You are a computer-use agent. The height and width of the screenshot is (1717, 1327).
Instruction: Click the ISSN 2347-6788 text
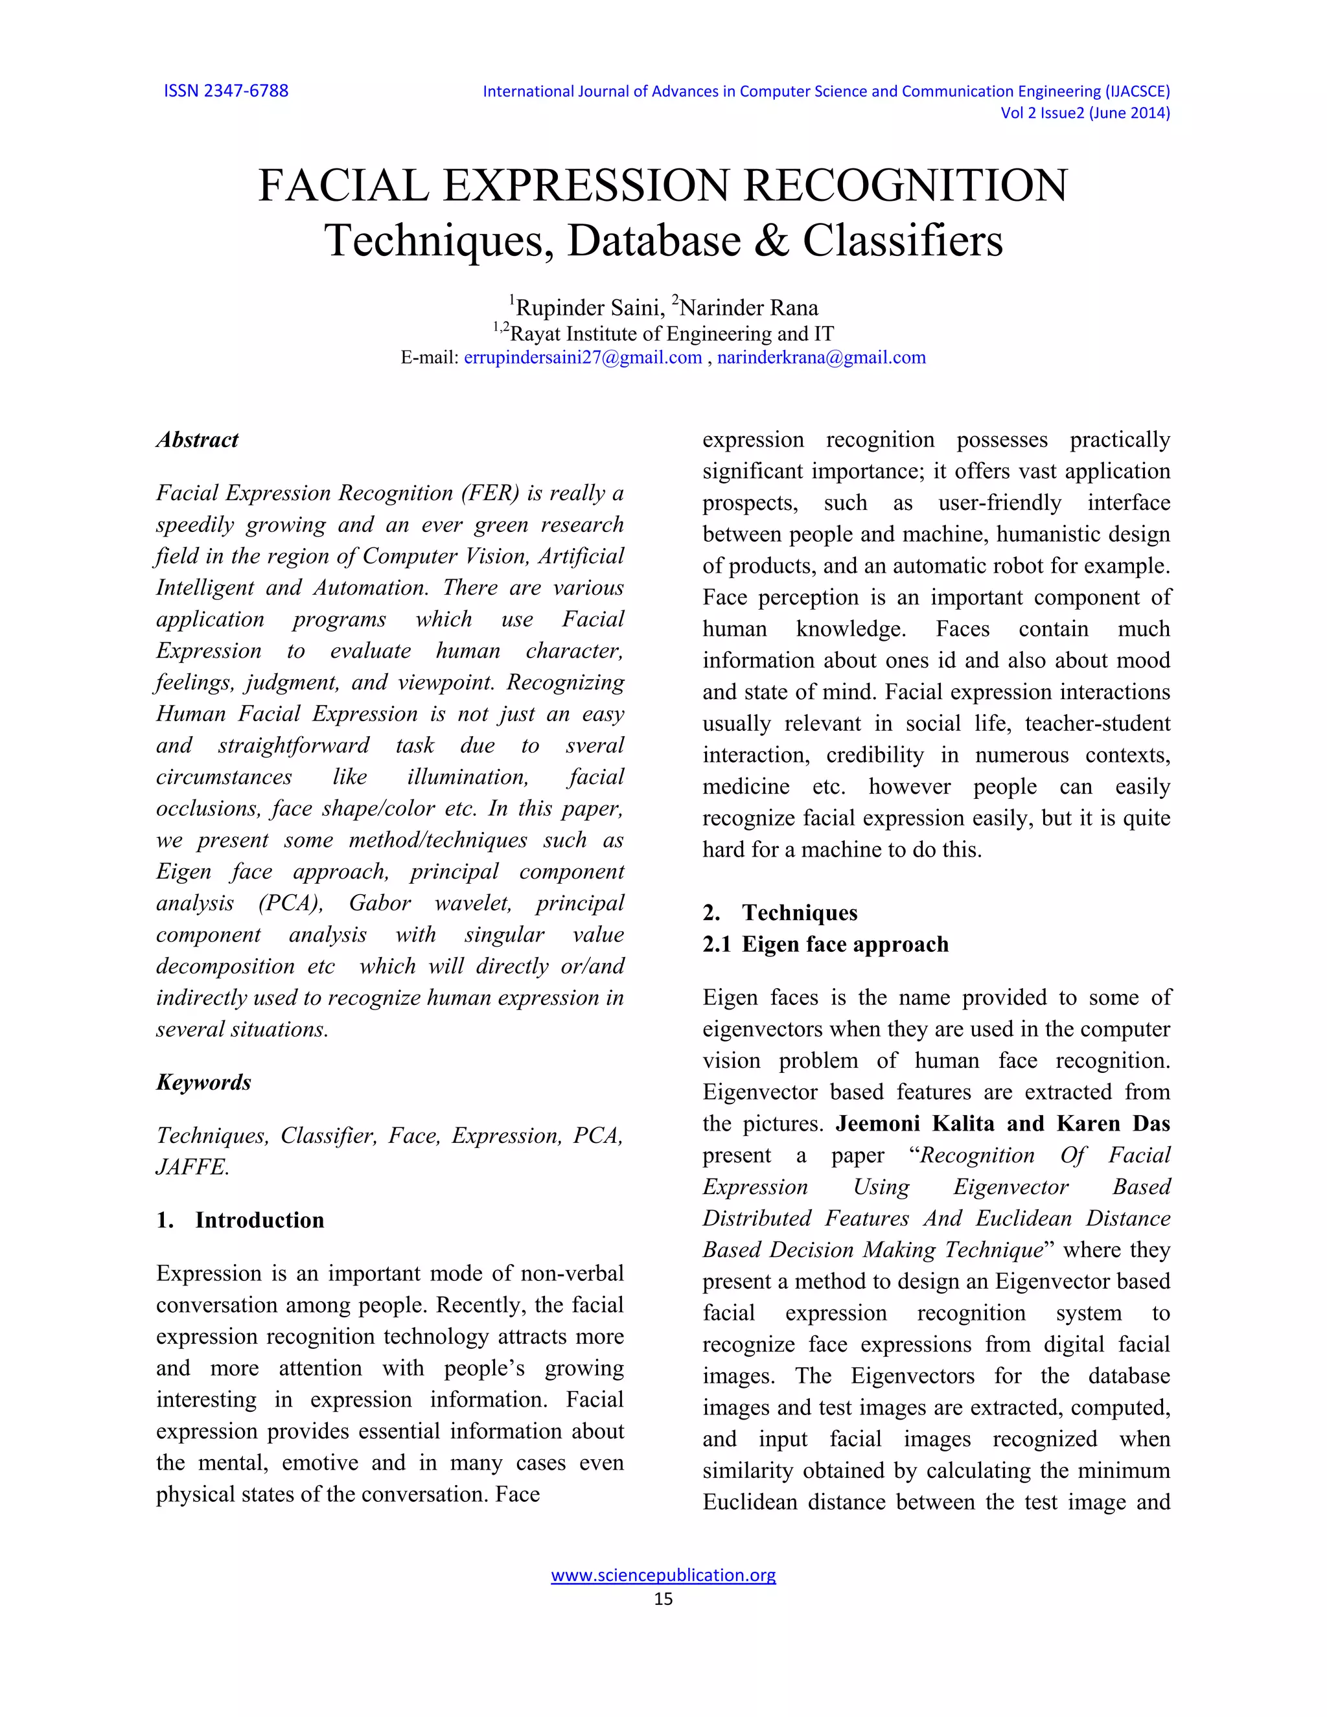pos(225,91)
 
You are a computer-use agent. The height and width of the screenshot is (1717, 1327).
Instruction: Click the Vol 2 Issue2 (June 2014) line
pos(1084,113)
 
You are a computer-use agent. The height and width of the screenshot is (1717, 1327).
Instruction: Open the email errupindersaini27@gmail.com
pos(583,358)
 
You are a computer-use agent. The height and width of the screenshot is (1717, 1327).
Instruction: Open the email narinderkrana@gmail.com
pos(821,358)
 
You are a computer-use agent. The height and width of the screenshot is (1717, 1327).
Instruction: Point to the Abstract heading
pos(198,440)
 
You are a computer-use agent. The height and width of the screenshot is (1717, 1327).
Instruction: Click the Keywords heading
pos(203,1083)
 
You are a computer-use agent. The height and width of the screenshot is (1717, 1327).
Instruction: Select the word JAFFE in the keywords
pos(191,1168)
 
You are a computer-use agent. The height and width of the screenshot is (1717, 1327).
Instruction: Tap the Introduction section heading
pos(259,1220)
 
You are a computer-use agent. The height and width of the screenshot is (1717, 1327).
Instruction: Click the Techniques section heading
pos(799,913)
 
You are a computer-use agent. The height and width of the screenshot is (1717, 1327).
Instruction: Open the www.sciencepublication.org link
pos(663,1574)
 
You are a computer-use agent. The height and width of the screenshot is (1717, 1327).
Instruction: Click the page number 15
pos(663,1598)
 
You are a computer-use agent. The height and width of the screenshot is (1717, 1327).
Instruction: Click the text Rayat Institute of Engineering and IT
pos(671,334)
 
